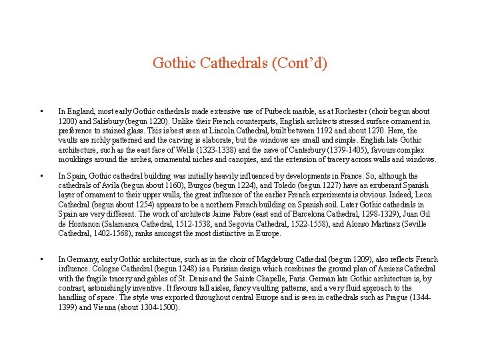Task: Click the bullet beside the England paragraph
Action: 41,111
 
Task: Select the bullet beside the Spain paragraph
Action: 41,177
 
